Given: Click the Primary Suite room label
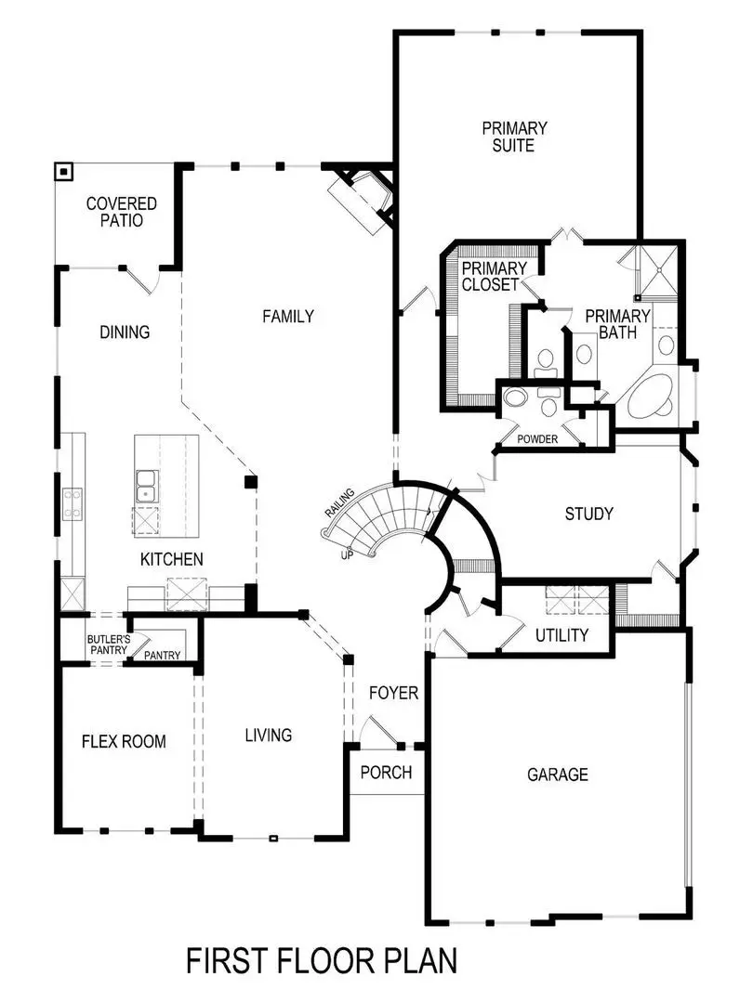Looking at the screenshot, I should [514, 137].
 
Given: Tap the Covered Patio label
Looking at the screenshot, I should [122, 212].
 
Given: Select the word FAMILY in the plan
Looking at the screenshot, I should [287, 317].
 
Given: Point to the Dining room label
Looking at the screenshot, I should [125, 332].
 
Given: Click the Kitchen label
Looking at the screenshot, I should [171, 559].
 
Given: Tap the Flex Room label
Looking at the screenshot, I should [124, 741].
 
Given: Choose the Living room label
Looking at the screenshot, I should [268, 736].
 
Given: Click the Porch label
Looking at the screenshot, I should [386, 773].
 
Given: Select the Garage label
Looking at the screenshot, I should [558, 775].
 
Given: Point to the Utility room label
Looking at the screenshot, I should [561, 636].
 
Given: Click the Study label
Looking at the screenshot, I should [588, 514].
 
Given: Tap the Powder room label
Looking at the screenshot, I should [537, 439].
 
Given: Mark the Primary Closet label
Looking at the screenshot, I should [494, 277].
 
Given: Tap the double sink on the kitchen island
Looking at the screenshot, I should [146, 482].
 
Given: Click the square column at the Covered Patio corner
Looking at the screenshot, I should [63, 172].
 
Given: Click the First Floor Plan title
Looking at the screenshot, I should [322, 961].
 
